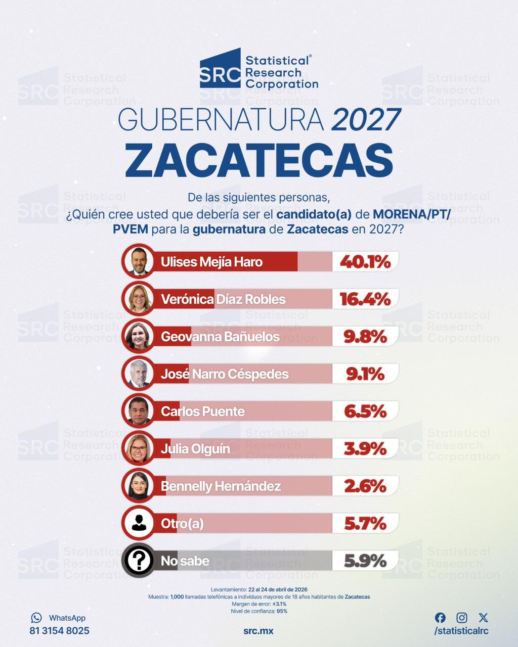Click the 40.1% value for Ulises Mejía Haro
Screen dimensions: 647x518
[365, 262]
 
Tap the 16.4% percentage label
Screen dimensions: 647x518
[365, 299]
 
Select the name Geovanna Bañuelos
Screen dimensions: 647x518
[220, 337]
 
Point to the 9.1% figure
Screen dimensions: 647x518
[365, 374]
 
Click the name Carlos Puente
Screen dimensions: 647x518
[203, 411]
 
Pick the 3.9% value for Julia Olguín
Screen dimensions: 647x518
[365, 449]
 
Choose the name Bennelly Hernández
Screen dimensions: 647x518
[221, 486]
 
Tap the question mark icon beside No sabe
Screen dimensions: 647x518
[138, 561]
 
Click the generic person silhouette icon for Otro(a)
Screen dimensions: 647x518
[138, 524]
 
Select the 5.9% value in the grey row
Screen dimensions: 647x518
[365, 561]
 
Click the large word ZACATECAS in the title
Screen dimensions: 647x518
[259, 160]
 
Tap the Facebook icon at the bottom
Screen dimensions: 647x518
[440, 618]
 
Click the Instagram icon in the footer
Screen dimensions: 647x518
[462, 618]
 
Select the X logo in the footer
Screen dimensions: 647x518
[483, 618]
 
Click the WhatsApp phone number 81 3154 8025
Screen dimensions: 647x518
[59, 631]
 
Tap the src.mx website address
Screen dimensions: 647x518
[258, 631]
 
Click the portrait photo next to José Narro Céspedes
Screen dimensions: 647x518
[138, 374]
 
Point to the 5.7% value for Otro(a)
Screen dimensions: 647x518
[365, 524]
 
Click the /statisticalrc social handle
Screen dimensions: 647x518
[461, 631]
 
